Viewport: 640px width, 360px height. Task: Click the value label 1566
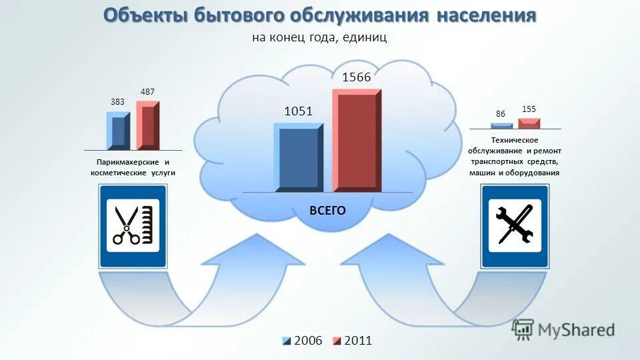tap(356, 78)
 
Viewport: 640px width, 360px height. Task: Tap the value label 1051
tap(298, 111)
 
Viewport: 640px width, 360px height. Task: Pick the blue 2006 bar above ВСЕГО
tap(298, 158)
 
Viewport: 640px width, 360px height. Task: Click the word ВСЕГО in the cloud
tap(327, 211)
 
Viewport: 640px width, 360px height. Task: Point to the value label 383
tap(117, 103)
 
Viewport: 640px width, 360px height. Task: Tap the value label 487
tap(147, 91)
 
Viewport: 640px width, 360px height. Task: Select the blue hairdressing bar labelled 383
tap(118, 131)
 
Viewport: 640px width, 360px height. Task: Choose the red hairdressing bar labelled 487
tap(147, 125)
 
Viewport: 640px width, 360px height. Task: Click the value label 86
tap(500, 114)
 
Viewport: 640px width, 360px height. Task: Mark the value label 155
tap(529, 109)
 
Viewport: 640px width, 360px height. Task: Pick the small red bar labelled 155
tap(529, 123)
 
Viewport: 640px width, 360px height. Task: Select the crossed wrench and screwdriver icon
tap(514, 225)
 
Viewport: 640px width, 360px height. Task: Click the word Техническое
tap(514, 141)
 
